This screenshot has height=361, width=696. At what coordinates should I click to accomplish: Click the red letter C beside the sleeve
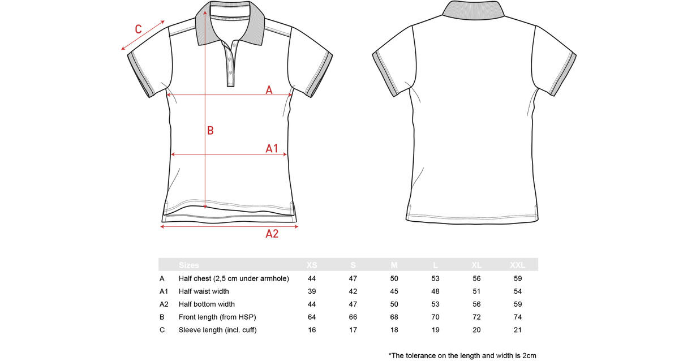138,29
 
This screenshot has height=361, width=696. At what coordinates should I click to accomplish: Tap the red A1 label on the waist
272,148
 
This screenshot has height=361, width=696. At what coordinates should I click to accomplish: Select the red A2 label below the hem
272,234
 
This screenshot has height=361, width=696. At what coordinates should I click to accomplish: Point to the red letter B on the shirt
210,131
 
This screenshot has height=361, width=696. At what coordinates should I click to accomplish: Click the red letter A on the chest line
269,90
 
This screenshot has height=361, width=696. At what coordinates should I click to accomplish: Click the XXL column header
518,265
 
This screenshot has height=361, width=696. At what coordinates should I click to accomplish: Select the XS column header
312,265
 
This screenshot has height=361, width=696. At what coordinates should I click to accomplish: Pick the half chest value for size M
394,278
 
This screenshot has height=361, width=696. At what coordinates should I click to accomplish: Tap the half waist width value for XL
476,291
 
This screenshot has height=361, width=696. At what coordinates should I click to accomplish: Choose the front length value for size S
353,317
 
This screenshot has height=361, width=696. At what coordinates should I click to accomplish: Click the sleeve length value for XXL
518,330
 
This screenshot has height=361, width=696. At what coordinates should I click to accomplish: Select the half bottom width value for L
435,304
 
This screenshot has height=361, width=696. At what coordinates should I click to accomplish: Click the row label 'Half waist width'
204,291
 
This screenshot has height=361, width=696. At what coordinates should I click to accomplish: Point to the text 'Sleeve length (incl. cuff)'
217,330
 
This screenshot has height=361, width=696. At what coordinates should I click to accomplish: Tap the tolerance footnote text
462,355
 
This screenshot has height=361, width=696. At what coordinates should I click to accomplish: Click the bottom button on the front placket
230,72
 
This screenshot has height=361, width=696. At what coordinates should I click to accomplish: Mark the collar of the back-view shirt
473,10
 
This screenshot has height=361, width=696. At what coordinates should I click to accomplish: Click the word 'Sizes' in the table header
189,265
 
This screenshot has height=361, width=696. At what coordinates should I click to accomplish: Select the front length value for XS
312,317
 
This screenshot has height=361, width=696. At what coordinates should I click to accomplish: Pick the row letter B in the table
162,317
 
